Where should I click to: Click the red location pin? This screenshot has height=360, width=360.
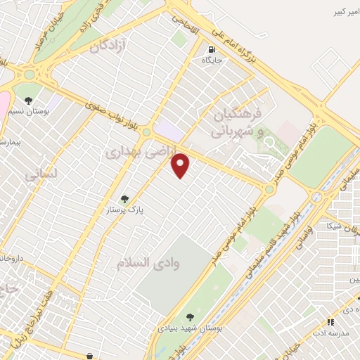181,165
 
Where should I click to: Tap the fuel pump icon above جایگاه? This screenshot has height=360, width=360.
212,49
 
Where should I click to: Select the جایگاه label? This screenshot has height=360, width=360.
212,61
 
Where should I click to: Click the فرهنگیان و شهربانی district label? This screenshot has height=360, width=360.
239,120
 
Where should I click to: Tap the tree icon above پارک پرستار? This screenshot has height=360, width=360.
124,199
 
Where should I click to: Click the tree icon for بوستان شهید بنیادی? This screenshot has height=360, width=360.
189,317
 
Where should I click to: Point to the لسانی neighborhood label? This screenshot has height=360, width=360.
38,174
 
